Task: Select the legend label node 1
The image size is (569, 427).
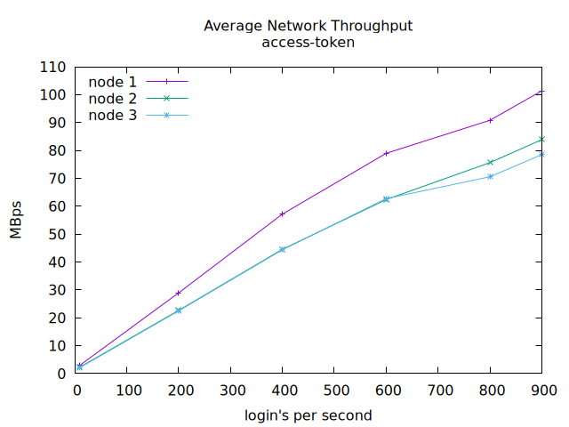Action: tap(112, 82)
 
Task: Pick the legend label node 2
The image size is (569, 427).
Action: tap(112, 98)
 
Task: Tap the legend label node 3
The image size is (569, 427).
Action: tap(112, 115)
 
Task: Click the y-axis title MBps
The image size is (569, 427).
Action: tap(16, 221)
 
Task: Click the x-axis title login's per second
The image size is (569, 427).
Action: tap(308, 415)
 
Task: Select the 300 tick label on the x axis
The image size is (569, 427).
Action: tap(230, 390)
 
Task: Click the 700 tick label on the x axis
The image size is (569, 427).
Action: tap(438, 390)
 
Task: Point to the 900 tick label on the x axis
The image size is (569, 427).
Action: tap(542, 390)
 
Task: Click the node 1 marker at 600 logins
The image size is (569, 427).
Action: tap(387, 153)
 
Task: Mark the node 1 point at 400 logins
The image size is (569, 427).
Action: tap(283, 213)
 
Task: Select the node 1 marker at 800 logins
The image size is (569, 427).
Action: tap(491, 120)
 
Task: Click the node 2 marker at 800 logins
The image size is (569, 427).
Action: tap(491, 162)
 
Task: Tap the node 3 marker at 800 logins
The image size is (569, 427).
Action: tap(491, 176)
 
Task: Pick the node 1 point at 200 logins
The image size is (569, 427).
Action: tap(179, 293)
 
